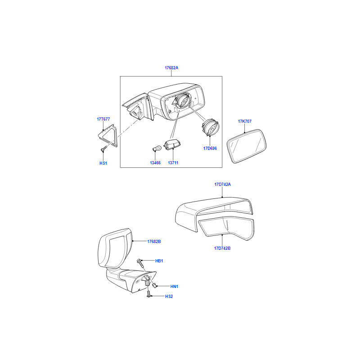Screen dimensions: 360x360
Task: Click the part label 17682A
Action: pos(171,68)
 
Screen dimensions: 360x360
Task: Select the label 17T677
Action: pos(103,119)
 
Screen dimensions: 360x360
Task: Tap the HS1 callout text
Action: pos(103,163)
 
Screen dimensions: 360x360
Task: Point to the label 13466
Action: pos(155,163)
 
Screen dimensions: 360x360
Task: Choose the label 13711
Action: pos(173,163)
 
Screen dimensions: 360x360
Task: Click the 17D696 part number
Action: pos(210,148)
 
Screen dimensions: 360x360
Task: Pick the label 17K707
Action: pos(244,121)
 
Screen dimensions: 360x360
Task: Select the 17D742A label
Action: pos(222,184)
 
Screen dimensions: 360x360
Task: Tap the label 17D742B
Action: pos(222,248)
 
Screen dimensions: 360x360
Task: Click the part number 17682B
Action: pos(154,242)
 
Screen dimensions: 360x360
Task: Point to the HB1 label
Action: pos(159,261)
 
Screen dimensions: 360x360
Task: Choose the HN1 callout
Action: pos(174,287)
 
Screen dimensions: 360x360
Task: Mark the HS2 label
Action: pos(169,297)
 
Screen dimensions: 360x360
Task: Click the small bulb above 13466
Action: pos(157,148)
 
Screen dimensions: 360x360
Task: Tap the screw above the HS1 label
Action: pos(104,149)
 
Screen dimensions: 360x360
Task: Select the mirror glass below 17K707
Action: pos(247,146)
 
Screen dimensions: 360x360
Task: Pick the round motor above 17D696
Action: pos(210,127)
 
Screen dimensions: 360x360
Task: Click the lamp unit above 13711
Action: pos(172,144)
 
